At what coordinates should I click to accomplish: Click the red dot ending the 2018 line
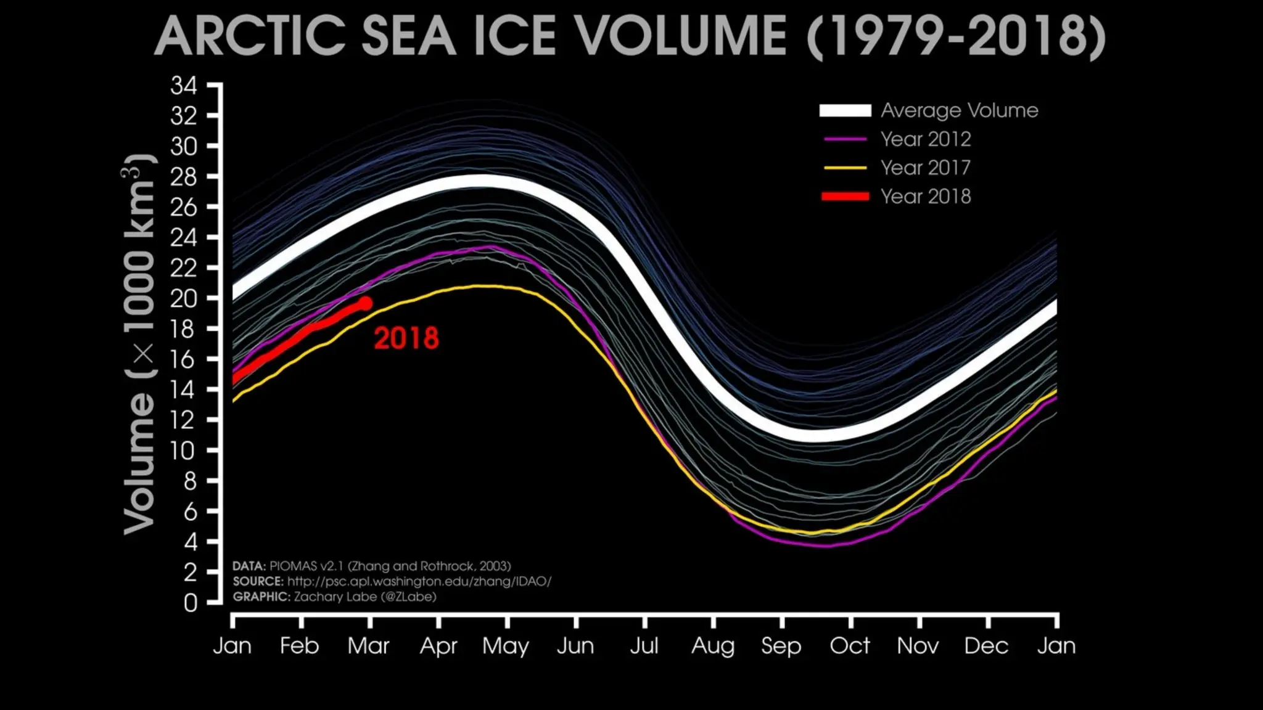[365, 303]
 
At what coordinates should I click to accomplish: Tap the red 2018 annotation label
[406, 338]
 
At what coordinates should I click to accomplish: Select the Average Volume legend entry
[959, 110]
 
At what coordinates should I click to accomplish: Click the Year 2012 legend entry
[925, 139]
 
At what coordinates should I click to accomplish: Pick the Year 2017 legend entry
[925, 168]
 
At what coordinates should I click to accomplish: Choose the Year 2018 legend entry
[925, 197]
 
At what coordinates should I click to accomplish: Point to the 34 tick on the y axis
[184, 86]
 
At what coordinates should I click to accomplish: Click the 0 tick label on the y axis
[191, 602]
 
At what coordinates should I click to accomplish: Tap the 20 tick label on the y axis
[184, 298]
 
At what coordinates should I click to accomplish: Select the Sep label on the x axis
[781, 646]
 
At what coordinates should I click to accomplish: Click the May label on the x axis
[506, 646]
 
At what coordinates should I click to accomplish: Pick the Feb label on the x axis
[299, 646]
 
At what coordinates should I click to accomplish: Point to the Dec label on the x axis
[986, 646]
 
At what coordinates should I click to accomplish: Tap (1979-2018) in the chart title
[956, 36]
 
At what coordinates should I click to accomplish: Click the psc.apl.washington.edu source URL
[419, 581]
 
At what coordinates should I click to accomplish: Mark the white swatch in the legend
[845, 110]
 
